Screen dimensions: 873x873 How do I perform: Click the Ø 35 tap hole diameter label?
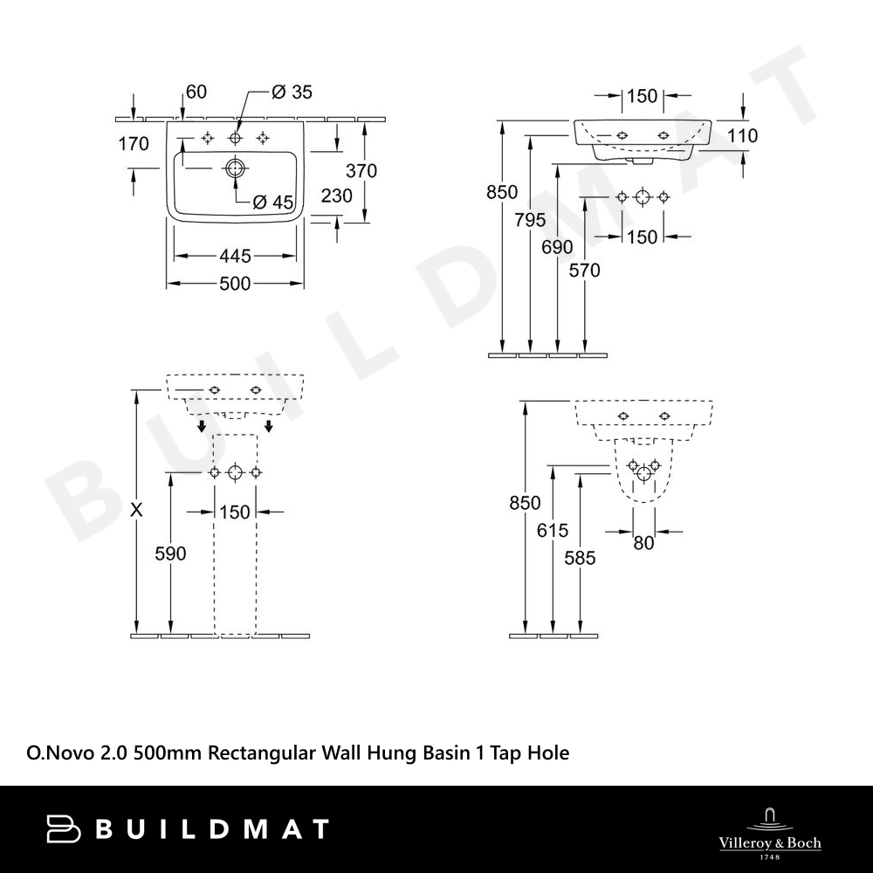[x=292, y=92]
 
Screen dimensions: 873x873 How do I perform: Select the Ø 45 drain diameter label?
[x=272, y=203]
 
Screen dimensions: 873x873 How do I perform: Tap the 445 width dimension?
[x=235, y=256]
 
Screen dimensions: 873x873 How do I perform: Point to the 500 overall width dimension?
[x=235, y=284]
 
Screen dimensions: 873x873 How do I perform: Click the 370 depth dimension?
[x=361, y=170]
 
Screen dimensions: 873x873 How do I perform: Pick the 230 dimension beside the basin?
[x=337, y=196]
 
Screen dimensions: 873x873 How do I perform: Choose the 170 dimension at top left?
[x=134, y=144]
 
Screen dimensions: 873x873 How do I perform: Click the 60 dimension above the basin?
[x=196, y=92]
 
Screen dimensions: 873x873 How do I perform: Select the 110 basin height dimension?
[x=742, y=135]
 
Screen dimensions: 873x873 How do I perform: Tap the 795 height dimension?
[x=530, y=220]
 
